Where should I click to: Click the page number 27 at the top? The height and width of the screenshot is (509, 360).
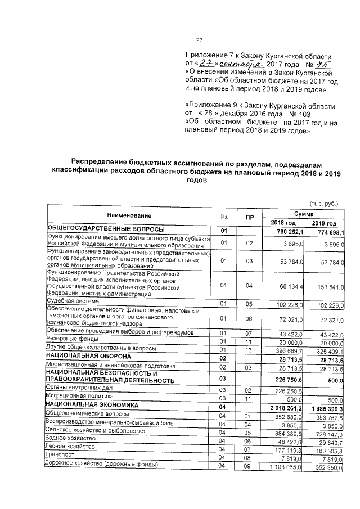tap(199, 40)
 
